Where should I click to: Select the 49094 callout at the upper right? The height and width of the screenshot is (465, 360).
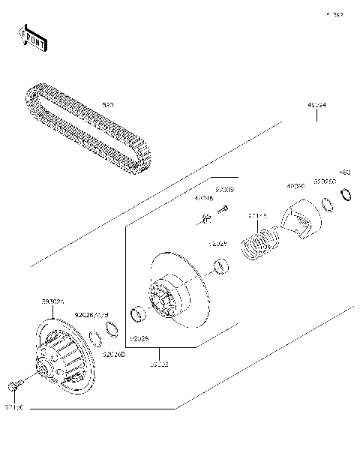316,106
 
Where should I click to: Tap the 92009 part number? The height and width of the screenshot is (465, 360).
224,190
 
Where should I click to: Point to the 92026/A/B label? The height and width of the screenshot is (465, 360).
94,315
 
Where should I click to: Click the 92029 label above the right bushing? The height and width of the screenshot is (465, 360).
217,244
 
